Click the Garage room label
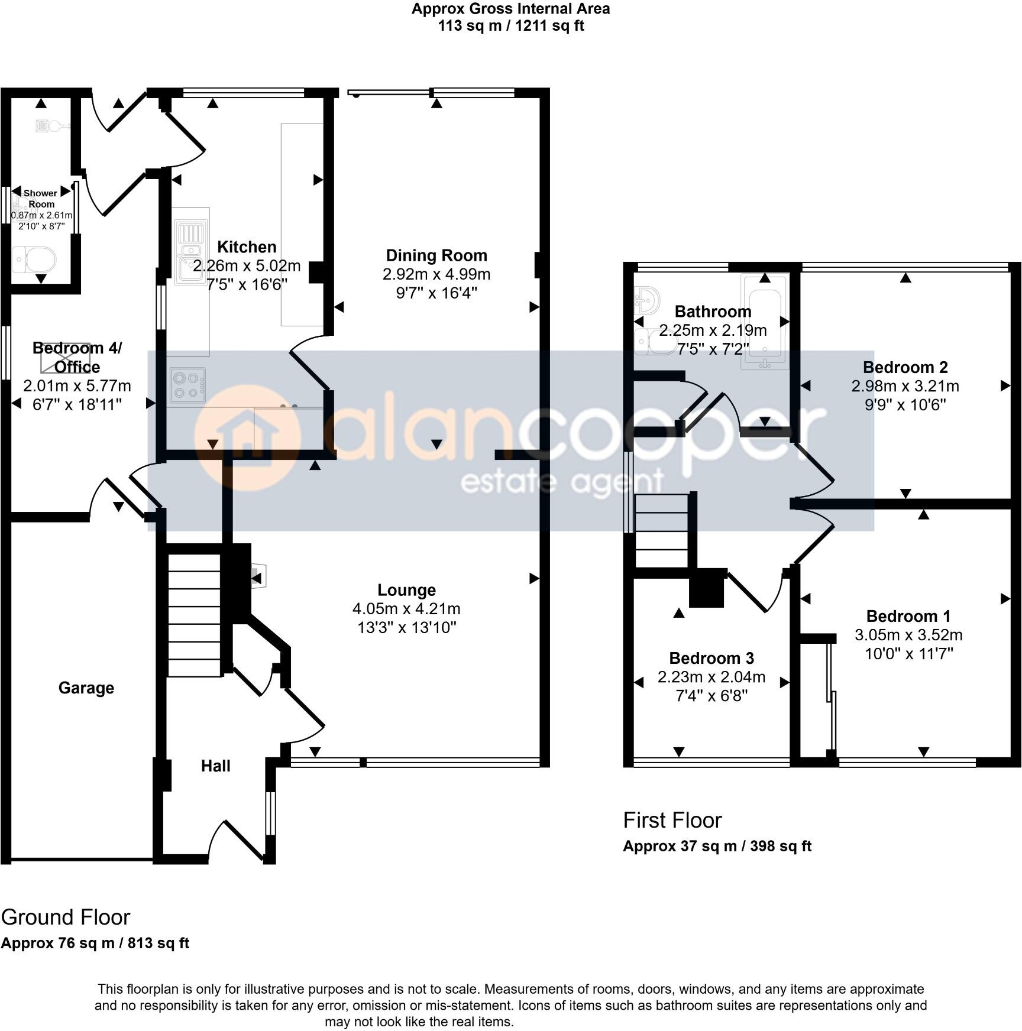coord(86,688)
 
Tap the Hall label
coord(215,766)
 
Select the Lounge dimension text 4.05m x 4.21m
coord(406,609)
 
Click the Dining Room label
coord(436,255)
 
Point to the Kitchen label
coord(247,247)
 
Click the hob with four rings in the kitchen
coord(187,385)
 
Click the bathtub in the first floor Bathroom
coord(765,322)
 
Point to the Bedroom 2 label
coord(905,367)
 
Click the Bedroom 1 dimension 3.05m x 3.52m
coord(908,636)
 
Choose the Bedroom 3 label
coord(711,658)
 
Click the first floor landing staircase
coord(661,530)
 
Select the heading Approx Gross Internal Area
coord(510,9)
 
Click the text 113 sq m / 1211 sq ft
coord(510,26)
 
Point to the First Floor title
coord(672,821)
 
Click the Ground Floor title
coord(65,917)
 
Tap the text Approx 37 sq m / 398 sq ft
coord(717,846)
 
